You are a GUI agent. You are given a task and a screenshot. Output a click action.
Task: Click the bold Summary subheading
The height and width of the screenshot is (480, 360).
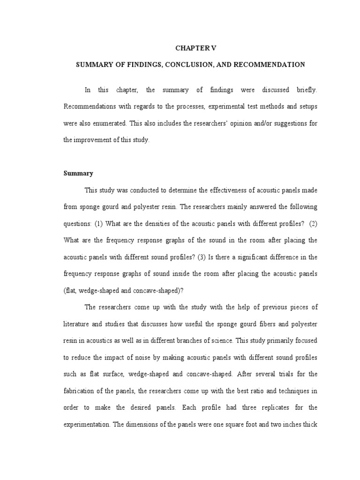78,173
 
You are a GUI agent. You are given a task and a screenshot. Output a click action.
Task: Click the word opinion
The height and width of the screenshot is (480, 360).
228,123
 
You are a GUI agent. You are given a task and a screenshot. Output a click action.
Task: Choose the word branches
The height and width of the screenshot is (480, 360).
197,341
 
